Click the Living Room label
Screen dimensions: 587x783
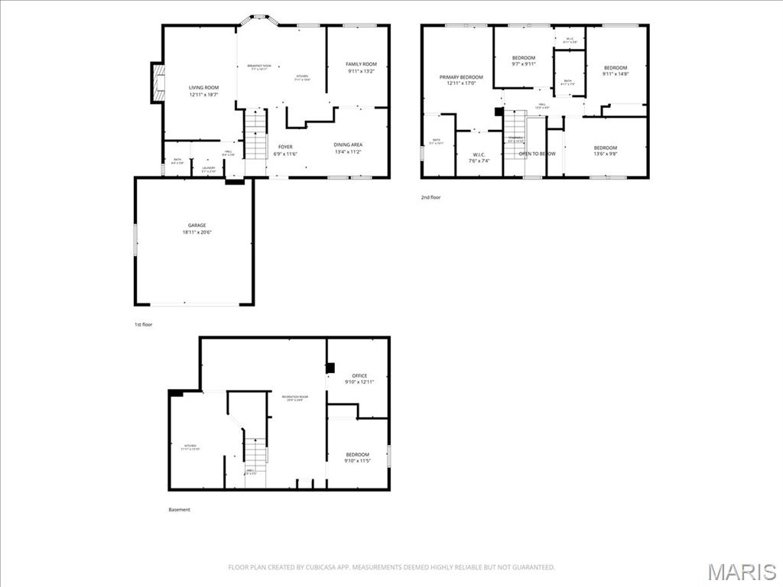point(204,91)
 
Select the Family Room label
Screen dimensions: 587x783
point(361,68)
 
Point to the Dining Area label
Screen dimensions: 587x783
point(348,148)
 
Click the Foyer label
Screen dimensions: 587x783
point(285,151)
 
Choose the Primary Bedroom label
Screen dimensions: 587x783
point(461,79)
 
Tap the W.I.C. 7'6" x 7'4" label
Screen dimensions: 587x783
point(480,157)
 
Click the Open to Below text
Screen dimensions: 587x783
point(537,154)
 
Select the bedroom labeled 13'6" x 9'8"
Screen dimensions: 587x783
point(606,151)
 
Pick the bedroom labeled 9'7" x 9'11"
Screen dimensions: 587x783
point(524,61)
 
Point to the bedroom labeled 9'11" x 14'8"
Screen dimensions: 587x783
point(615,71)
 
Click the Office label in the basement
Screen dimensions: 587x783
point(359,378)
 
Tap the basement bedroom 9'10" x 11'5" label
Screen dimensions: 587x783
point(357,458)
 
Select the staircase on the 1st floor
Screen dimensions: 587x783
point(255,134)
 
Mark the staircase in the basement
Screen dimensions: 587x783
point(255,451)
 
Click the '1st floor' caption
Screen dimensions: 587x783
point(144,325)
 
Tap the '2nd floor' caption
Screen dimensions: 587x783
point(431,197)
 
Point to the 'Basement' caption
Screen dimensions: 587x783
point(180,510)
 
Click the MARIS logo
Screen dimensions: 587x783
point(742,572)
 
